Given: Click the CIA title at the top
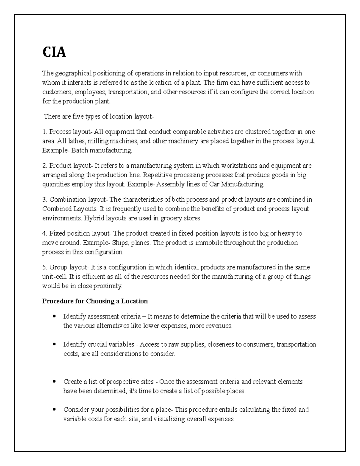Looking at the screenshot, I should [54, 53].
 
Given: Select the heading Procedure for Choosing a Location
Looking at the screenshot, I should [95, 301].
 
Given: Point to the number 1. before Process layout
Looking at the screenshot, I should [45, 132].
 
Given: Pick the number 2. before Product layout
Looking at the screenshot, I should [45, 166].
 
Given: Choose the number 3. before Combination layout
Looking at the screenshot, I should [45, 200].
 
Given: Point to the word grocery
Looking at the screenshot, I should [169, 218].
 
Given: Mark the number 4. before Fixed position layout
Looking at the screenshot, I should [45, 233].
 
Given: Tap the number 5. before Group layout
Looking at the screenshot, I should [45, 267].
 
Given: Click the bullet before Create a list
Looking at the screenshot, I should [54, 382].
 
